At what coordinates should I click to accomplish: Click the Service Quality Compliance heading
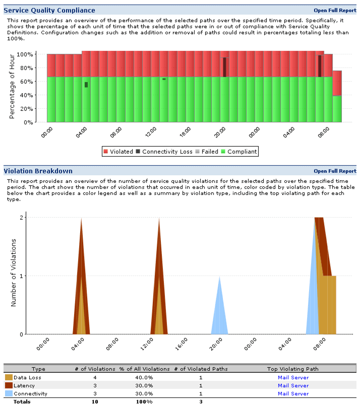coord(49,10)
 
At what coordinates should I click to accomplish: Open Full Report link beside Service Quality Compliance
coord(335,10)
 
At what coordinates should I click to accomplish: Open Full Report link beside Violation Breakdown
coord(335,171)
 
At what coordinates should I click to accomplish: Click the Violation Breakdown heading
coord(38,171)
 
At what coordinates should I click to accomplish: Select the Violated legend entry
coord(118,152)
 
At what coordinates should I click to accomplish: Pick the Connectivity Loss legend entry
coord(163,152)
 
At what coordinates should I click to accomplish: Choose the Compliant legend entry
coord(240,152)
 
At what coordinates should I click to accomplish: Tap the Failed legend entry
coord(207,152)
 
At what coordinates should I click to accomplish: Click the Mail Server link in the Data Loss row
coord(293,377)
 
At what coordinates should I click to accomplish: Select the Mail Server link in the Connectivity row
coord(293,393)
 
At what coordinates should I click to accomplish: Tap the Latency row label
coord(24,385)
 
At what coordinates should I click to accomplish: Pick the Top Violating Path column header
coord(293,369)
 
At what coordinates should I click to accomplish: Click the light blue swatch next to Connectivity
coord(9,393)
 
